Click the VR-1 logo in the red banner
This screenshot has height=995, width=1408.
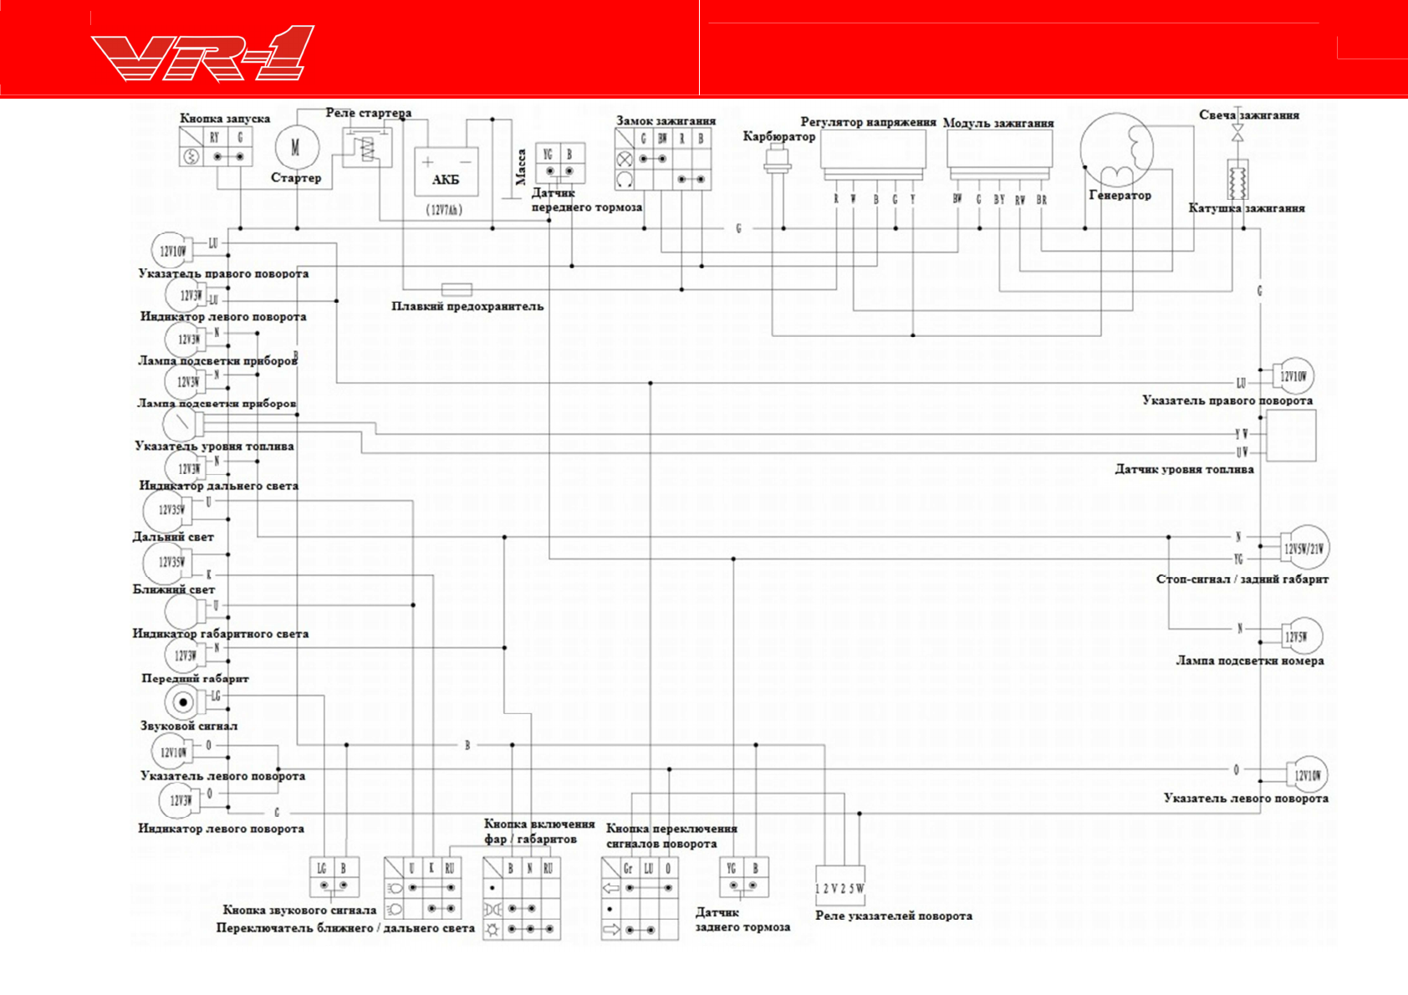(202, 54)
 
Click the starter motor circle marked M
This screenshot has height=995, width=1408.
(296, 148)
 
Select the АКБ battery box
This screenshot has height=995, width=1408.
(446, 171)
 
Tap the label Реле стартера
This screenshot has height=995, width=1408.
(368, 113)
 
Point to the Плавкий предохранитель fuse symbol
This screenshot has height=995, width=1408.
(457, 289)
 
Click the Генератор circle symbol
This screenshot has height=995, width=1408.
(1117, 151)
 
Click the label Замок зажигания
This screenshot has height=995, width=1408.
(666, 121)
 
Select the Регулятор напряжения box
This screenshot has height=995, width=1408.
(873, 152)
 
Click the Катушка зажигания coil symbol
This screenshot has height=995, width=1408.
(1237, 179)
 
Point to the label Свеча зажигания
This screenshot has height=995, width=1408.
(1248, 115)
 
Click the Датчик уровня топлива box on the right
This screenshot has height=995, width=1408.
(1291, 436)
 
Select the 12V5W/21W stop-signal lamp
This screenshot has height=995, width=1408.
(1304, 549)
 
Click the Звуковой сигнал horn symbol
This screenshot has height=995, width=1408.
(182, 702)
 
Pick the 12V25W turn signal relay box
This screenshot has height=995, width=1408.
(839, 885)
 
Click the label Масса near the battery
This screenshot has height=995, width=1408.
(521, 166)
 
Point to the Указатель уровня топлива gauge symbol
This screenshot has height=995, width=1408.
(180, 423)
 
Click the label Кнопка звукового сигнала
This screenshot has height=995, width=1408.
(299, 910)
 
